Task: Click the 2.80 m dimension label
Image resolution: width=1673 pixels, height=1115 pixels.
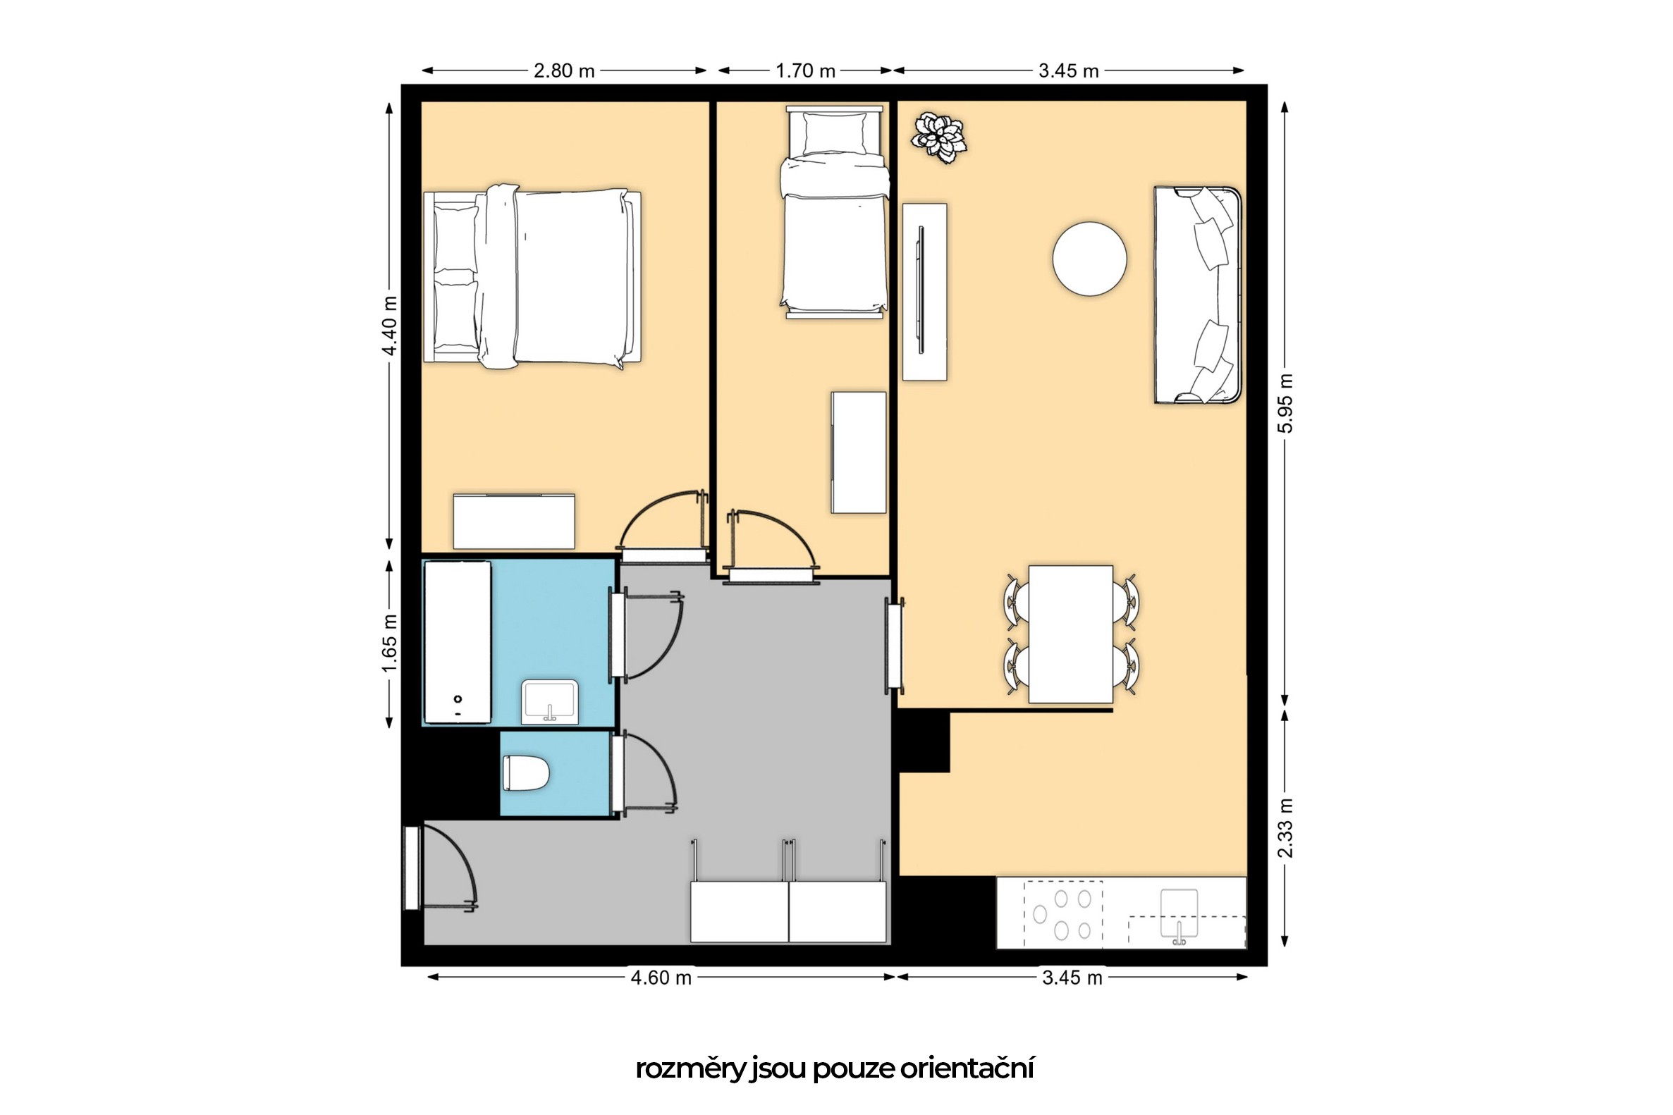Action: tap(564, 71)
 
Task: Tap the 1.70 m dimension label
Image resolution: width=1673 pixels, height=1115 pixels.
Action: tap(805, 71)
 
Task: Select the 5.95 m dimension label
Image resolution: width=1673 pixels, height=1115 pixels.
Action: tap(1285, 403)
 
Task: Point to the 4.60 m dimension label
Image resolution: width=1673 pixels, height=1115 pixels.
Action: tap(661, 978)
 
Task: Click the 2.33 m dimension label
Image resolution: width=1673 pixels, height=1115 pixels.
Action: tap(1285, 827)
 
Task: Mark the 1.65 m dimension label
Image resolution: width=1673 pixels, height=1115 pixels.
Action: tap(389, 643)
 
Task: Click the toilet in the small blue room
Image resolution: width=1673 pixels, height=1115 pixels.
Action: tap(526, 773)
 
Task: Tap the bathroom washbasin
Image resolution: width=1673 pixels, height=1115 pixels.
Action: tap(549, 702)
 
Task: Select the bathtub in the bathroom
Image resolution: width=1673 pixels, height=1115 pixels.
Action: tap(458, 642)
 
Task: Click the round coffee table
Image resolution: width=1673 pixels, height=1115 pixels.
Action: tap(1089, 259)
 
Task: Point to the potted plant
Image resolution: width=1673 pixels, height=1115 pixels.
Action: tap(940, 137)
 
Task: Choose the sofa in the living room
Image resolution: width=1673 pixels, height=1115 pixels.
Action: tap(1197, 295)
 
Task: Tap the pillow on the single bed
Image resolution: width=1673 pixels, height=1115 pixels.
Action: tap(834, 134)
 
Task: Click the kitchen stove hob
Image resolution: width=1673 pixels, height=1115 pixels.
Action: tap(1062, 914)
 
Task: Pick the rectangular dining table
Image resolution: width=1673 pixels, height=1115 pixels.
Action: tap(1070, 634)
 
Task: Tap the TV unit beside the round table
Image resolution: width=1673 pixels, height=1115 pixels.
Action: tap(924, 292)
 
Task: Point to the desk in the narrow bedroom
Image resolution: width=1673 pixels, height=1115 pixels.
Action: tap(859, 452)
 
